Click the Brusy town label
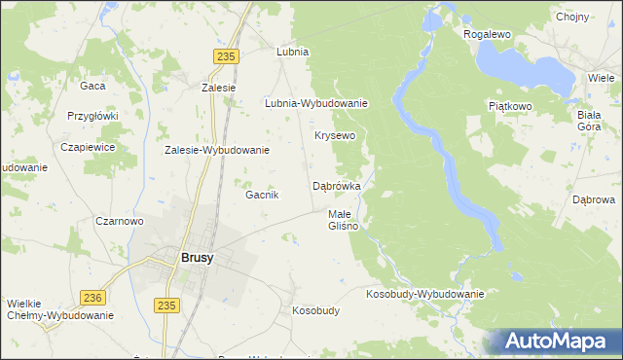[x=197, y=258]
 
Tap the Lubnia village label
[x=292, y=52]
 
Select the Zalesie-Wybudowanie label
[x=216, y=151]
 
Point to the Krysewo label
[x=334, y=135]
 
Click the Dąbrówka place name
[x=337, y=185]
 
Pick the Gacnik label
[x=262, y=195]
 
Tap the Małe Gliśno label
[x=343, y=220]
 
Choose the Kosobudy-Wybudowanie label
[x=424, y=294]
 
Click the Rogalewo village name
[x=488, y=34]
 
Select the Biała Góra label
[x=588, y=121]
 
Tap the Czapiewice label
[x=89, y=147]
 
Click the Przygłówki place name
[x=92, y=115]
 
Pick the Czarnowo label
[x=120, y=221]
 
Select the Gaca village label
[x=92, y=86]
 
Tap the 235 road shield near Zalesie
[x=227, y=57]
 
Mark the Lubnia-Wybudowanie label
[x=315, y=103]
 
